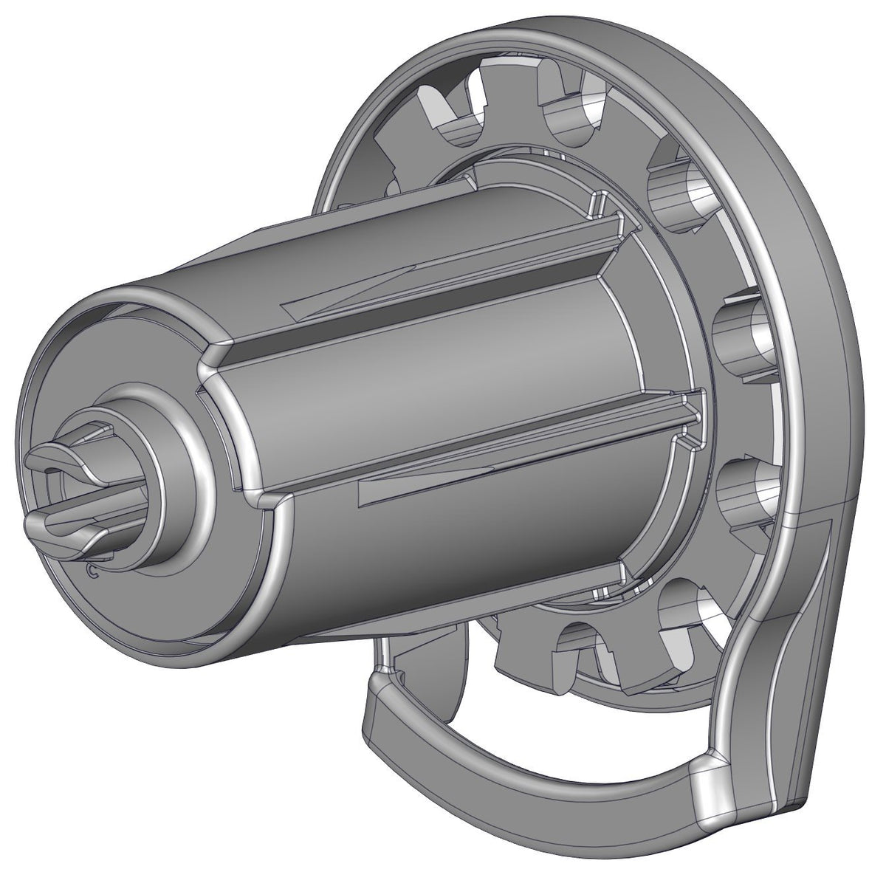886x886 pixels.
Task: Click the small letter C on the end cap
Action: click(x=92, y=571)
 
